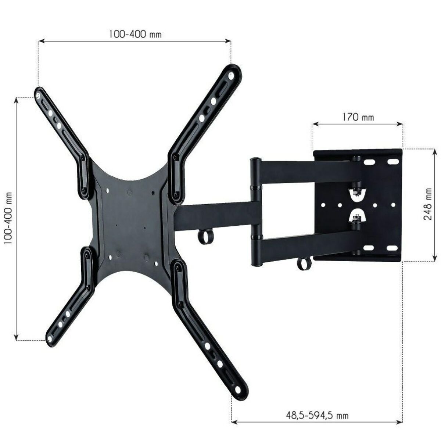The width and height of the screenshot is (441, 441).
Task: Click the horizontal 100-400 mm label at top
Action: [135, 34]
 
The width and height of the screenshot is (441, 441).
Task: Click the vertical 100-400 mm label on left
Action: [8, 218]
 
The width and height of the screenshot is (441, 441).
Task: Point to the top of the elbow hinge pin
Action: [255, 160]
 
